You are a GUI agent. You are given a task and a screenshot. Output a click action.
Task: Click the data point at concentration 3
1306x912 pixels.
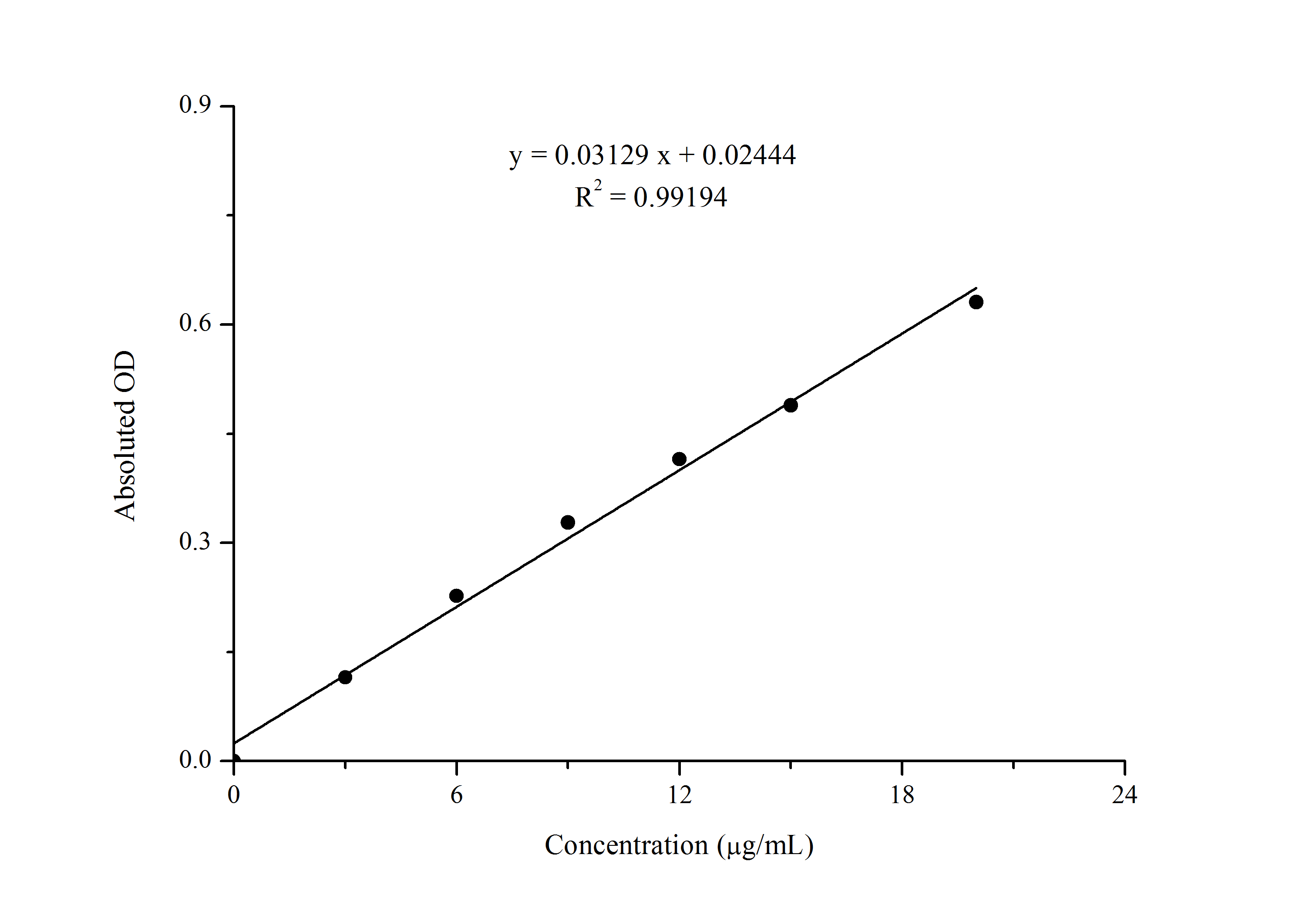tap(345, 677)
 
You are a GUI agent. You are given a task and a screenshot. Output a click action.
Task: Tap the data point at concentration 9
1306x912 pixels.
tap(568, 522)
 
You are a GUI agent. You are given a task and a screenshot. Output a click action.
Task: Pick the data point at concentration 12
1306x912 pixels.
tap(679, 459)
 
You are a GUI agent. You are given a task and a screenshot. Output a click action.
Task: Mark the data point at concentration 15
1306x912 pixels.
tap(791, 405)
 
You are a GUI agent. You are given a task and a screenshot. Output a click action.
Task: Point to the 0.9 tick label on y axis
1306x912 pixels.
tap(195, 105)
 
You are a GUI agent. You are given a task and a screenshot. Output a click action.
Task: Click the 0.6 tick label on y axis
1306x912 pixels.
tap(195, 323)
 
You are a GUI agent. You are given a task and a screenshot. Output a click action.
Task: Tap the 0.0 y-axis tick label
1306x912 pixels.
tap(195, 760)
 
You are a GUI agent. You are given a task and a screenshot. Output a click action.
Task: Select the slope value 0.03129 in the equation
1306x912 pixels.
tap(601, 155)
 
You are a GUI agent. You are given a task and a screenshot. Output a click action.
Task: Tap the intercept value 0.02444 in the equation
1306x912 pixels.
tap(749, 155)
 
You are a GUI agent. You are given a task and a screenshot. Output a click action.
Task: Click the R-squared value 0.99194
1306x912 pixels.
tap(680, 197)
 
